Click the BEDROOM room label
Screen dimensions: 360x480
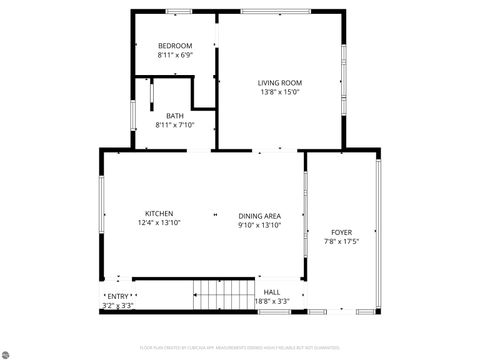tap(175, 46)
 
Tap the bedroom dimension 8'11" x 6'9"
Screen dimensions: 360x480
tap(175, 56)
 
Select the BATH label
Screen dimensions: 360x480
tap(175, 115)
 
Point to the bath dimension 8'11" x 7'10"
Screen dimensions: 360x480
tap(175, 125)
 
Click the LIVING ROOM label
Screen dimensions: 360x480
tap(279, 82)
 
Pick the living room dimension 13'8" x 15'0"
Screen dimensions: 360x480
tap(279, 92)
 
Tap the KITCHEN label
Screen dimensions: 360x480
tap(160, 213)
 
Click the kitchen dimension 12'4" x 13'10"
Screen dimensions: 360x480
tap(160, 223)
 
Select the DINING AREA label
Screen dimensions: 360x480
tap(259, 216)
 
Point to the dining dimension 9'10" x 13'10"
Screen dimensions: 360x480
tap(259, 226)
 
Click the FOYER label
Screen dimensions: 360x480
tap(341, 232)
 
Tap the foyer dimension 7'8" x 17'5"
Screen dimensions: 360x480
tap(341, 242)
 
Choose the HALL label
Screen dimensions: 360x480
tap(272, 292)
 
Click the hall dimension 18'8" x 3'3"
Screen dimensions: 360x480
tap(272, 301)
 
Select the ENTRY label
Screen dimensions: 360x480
tap(118, 296)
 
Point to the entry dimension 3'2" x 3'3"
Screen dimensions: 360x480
tap(118, 305)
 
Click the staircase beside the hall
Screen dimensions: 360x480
tap(223, 295)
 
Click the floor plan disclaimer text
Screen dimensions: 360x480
tap(240, 349)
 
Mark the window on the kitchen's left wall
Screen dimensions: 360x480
tap(101, 205)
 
